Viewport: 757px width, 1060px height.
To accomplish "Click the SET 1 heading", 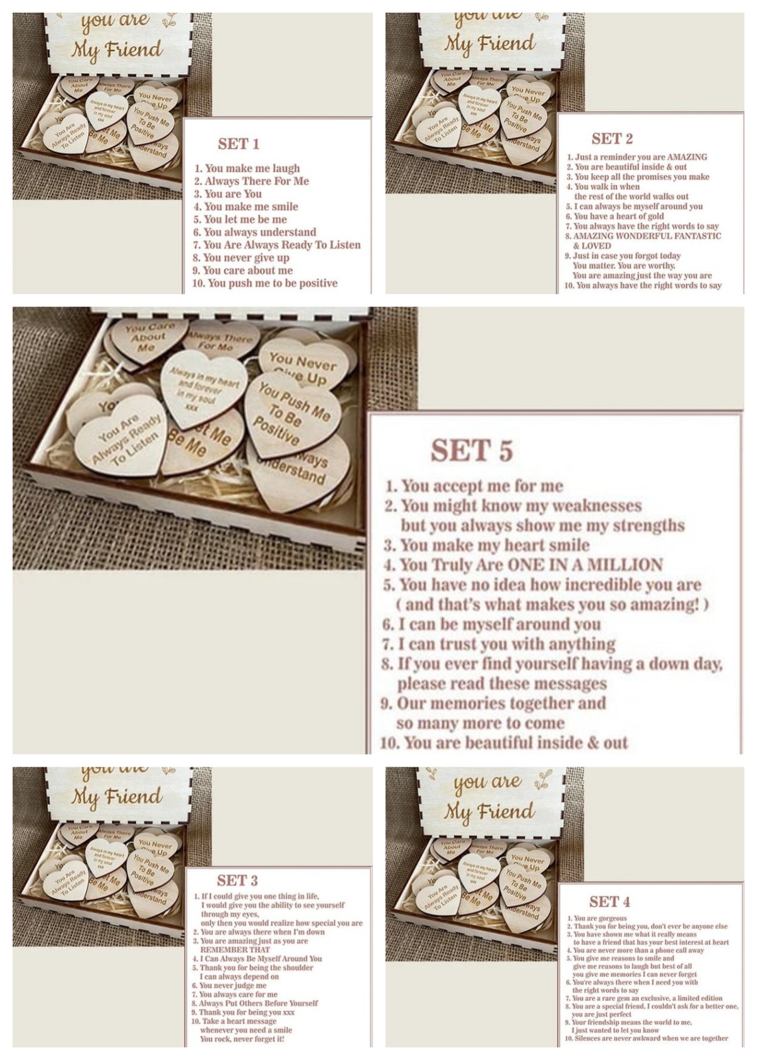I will [238, 144].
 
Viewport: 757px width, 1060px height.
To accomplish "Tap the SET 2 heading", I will [612, 139].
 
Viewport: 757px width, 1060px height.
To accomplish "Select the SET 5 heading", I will [472, 450].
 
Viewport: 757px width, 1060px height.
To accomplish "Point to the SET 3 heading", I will [237, 880].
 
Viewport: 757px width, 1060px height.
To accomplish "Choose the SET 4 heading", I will [609, 902].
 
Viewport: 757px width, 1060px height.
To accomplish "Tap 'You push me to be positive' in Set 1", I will [272, 283].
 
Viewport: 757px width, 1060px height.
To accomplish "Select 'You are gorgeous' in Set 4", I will [600, 918].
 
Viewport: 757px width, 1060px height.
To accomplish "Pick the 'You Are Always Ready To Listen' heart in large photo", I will [124, 439].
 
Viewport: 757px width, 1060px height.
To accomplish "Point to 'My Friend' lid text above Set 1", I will [117, 49].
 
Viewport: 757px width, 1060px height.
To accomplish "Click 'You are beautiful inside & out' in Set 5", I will [515, 743].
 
